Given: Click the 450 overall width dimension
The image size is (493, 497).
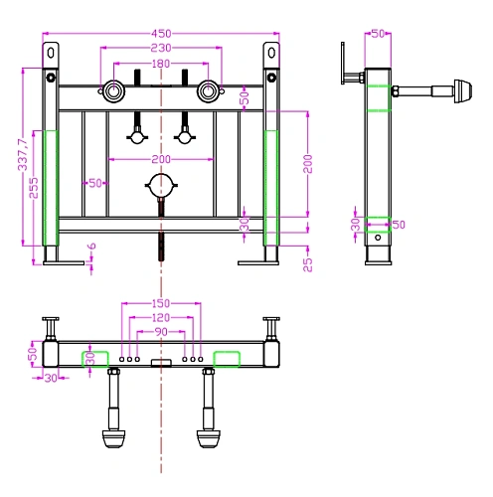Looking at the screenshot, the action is pyautogui.click(x=161, y=34).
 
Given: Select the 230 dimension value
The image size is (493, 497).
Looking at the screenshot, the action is pyautogui.click(x=161, y=48).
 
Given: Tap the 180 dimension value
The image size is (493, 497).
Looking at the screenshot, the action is pyautogui.click(x=161, y=64).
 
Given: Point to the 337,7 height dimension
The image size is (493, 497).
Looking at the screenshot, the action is pyautogui.click(x=23, y=155).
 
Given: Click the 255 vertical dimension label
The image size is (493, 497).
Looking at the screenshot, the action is pyautogui.click(x=34, y=188).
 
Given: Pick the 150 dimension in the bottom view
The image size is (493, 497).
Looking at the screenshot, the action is pyautogui.click(x=161, y=303).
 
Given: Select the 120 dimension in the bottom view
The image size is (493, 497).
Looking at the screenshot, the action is pyautogui.click(x=161, y=318).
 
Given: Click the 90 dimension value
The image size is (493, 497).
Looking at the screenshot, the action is pyautogui.click(x=161, y=332).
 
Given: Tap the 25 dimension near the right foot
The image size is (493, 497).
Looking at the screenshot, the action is pyautogui.click(x=308, y=264).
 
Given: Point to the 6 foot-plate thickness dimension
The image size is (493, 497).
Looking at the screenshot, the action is pyautogui.click(x=91, y=246).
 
